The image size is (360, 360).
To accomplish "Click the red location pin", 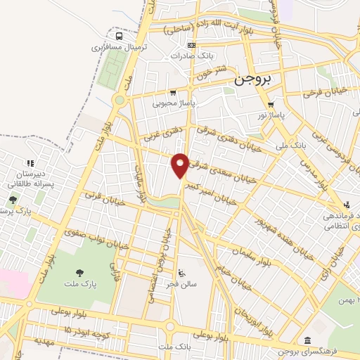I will click(x=181, y=164).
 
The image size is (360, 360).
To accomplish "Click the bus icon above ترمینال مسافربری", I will click(x=119, y=36).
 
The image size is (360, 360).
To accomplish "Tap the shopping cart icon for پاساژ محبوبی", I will click(x=173, y=92).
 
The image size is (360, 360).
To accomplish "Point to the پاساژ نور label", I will click(x=270, y=115).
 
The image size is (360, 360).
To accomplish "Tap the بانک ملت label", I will click(x=175, y=347).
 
